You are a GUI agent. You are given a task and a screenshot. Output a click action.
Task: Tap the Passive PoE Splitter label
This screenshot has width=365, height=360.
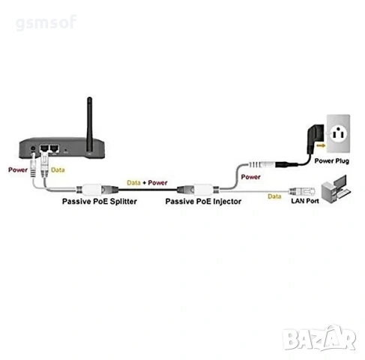(x=100, y=202)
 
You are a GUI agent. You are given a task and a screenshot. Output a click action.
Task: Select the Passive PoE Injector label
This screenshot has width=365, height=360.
(x=203, y=202)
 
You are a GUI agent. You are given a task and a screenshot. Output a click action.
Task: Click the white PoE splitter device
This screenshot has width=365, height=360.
(x=92, y=189)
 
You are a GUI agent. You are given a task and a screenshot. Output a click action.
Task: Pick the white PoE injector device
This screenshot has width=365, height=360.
(x=204, y=189)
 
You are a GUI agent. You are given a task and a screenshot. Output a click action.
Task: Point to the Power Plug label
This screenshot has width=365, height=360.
(x=331, y=161)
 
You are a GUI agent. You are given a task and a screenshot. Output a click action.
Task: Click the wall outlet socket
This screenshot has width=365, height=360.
(x=338, y=133)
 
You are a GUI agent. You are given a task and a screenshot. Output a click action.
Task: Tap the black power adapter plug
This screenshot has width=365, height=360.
(x=316, y=139)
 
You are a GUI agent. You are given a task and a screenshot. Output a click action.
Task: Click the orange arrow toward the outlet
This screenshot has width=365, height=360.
(x=321, y=145)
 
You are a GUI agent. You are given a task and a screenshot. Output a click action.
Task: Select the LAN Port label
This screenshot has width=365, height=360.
(x=305, y=201)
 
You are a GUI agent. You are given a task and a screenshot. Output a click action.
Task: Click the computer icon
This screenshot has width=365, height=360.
(x=336, y=189)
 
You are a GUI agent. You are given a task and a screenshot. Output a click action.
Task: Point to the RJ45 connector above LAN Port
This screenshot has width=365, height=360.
(x=301, y=192)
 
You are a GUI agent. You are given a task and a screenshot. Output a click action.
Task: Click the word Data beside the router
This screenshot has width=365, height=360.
(x=58, y=170)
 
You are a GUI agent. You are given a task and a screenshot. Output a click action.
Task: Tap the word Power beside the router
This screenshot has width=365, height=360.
(x=18, y=170)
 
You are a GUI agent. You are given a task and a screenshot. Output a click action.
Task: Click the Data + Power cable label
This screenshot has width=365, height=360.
(x=147, y=183)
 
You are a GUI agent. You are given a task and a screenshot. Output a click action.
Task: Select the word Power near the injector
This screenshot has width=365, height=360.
(x=250, y=177)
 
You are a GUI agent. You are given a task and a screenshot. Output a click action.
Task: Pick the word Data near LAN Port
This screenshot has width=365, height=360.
(x=274, y=196)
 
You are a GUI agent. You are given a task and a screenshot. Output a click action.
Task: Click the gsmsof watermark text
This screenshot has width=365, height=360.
(x=46, y=23)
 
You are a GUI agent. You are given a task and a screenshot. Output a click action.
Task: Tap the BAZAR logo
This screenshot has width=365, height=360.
(x=319, y=339)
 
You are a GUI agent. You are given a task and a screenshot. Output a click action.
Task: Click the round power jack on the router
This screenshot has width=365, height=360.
(x=33, y=148)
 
